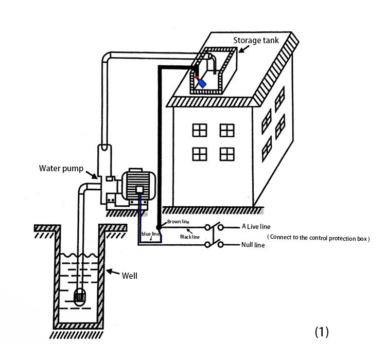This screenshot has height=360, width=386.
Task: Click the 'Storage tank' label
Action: coord(256,40)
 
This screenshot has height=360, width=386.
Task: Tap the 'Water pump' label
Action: coord(61,169)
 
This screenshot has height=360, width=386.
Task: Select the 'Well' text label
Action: coord(130,276)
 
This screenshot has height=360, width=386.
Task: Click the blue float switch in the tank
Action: coord(202,83)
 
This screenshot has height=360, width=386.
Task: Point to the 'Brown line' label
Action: coord(178,222)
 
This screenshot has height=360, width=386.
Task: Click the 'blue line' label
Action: coord(150,234)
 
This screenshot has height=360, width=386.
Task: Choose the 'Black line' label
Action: coord(190,237)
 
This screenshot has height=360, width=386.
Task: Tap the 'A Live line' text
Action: coord(256,227)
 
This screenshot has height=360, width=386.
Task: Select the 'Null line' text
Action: coord(253,245)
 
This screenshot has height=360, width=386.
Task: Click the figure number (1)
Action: coord(322,332)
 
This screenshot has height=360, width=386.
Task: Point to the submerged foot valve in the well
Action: coord(79,297)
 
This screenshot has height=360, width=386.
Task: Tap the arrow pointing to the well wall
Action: coord(113,272)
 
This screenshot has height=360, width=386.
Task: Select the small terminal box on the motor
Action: coord(139,189)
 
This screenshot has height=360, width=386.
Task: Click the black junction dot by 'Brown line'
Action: coord(159,227)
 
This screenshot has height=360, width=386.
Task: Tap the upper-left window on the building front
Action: coord(200,130)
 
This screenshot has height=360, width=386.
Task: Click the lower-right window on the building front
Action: coord(227,154)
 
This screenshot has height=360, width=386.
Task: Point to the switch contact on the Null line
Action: coord(214,244)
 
